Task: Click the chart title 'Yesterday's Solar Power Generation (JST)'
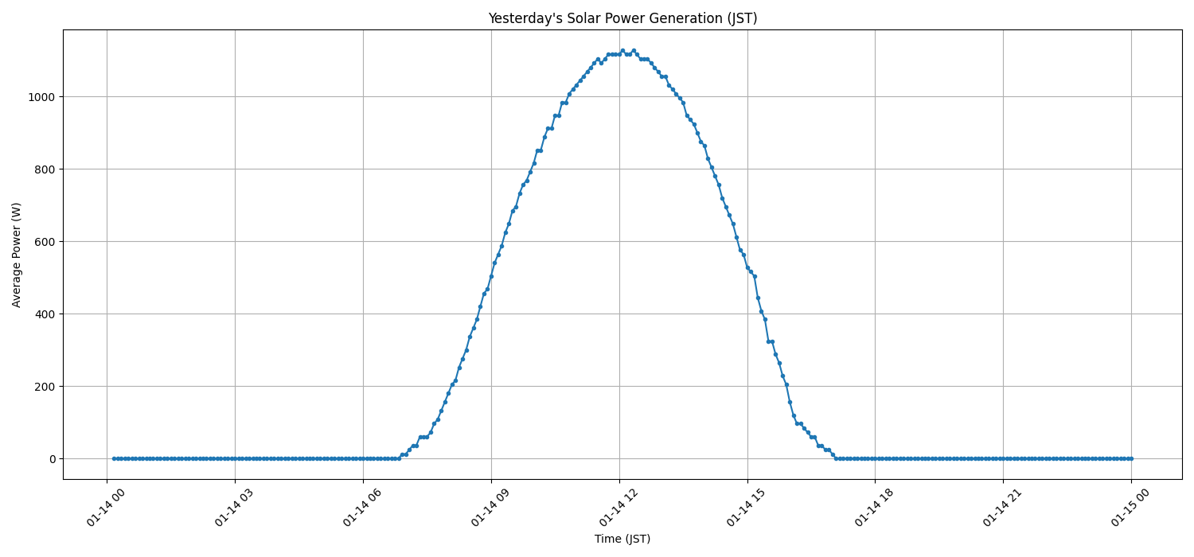pos(622,18)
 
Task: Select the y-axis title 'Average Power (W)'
pos(17,255)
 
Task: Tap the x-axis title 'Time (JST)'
pos(622,539)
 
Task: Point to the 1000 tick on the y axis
pos(42,97)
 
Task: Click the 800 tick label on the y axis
pos(45,169)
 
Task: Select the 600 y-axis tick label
pos(45,242)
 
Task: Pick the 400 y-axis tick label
pos(45,314)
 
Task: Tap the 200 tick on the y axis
pos(45,387)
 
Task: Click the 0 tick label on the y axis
pos(52,459)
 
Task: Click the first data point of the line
pos(114,458)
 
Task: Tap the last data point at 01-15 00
pos(1131,458)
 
